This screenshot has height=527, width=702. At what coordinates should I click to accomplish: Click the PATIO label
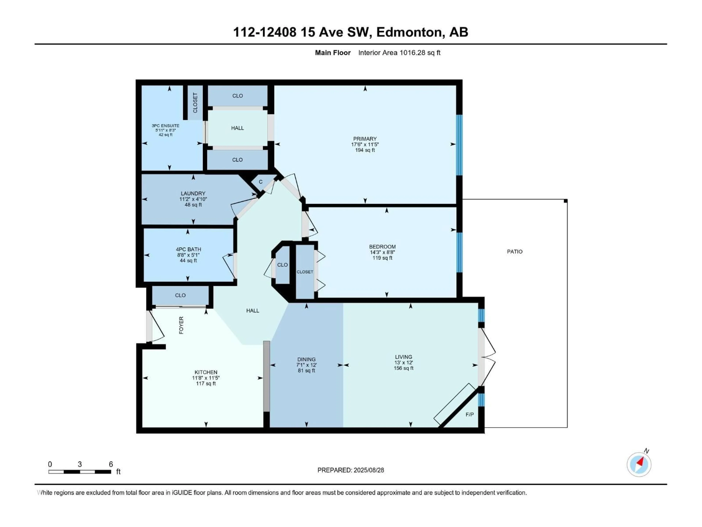pyautogui.click(x=514, y=252)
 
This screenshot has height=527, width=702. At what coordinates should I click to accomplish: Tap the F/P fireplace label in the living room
pyautogui.click(x=469, y=414)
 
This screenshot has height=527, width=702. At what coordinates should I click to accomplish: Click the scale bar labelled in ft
pyautogui.click(x=80, y=472)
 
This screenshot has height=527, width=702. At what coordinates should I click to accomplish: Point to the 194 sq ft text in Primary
pyautogui.click(x=365, y=150)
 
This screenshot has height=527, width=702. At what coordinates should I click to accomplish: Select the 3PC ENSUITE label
pyautogui.click(x=165, y=126)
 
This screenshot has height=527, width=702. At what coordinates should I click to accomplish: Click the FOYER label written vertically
pyautogui.click(x=181, y=325)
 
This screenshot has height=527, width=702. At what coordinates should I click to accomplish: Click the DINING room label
pyautogui.click(x=306, y=359)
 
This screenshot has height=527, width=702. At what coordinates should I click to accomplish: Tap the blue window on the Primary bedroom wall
pyautogui.click(x=459, y=145)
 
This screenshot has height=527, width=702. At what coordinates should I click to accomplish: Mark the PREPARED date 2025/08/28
pyautogui.click(x=350, y=470)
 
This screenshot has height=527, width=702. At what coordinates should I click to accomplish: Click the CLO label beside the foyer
pyautogui.click(x=180, y=295)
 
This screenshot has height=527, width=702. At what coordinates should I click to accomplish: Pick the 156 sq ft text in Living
pyautogui.click(x=403, y=368)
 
